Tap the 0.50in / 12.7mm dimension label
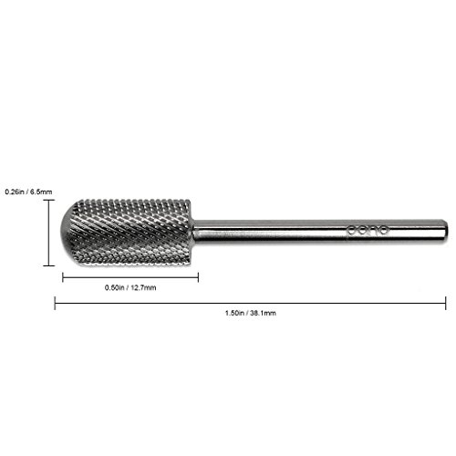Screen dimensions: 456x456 [x=130, y=286]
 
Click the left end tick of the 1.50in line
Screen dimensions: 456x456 [x=57, y=302]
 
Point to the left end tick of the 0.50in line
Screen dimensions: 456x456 [x=61, y=275]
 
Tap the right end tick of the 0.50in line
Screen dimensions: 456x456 [x=199, y=275]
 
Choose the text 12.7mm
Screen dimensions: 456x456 [x=145, y=286]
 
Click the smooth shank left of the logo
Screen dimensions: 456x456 [x=274, y=229]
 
